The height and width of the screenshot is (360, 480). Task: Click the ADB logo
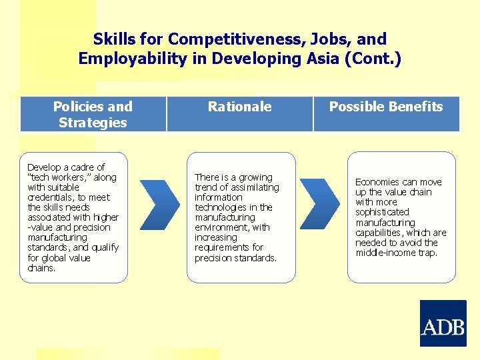[443, 323]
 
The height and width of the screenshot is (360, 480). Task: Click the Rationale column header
[239, 107]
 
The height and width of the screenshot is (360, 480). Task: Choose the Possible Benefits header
[386, 107]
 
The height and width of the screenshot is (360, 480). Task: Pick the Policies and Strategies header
[93, 114]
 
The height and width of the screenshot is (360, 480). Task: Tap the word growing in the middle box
[255, 177]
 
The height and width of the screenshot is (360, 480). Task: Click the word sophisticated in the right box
[382, 212]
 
